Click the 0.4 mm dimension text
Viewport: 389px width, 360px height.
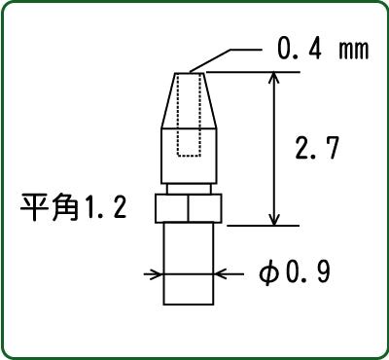(323, 50)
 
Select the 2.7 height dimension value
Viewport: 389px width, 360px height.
(317, 148)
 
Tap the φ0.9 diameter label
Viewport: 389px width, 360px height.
(295, 273)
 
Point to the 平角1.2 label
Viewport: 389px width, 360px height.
(73, 207)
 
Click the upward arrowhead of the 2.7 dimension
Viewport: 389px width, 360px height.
(274, 79)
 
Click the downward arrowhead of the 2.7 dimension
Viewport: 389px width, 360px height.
(274, 218)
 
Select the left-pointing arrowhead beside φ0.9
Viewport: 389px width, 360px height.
(221, 274)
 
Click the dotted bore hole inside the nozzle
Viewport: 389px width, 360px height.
(189, 115)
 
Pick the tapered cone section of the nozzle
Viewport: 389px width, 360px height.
(189, 100)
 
